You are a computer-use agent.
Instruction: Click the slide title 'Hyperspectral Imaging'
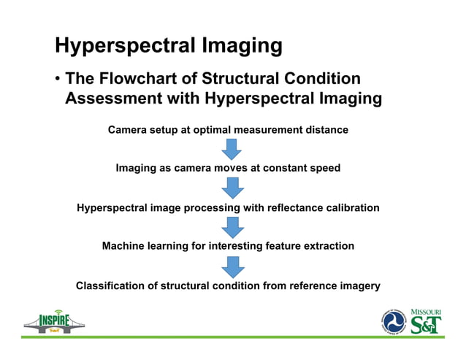click(169, 45)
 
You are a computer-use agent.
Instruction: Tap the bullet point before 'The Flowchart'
click(56, 79)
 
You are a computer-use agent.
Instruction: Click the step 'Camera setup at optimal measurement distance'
click(228, 130)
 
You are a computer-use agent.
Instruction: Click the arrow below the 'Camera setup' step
click(232, 149)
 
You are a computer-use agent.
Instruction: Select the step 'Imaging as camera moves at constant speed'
click(228, 168)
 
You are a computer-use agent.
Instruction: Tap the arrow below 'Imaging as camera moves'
click(232, 188)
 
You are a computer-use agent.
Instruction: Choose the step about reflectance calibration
click(228, 207)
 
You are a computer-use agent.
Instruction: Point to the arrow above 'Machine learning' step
click(232, 227)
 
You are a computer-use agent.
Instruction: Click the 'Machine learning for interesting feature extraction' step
click(228, 246)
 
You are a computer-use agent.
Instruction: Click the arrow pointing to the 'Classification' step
click(232, 267)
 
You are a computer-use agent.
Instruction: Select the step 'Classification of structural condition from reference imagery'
click(228, 286)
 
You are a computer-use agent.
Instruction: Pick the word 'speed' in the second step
click(325, 168)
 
